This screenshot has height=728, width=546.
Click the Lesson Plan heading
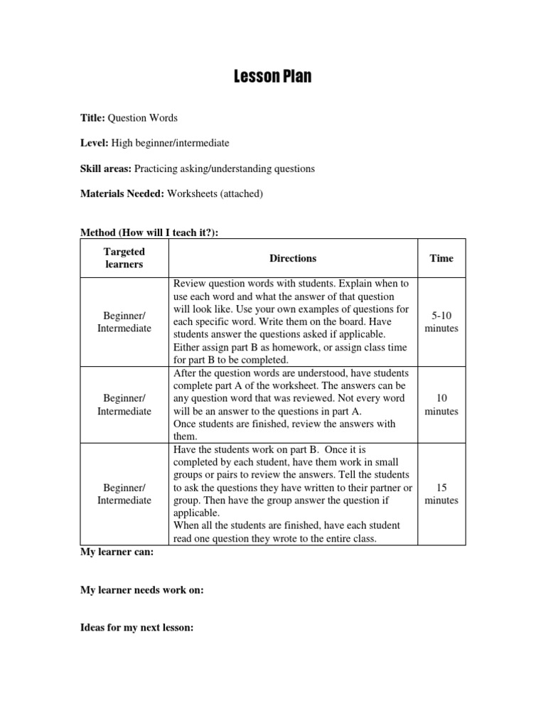click(272, 76)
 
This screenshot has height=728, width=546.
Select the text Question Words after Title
click(143, 117)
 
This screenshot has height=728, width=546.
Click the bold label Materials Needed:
click(122, 194)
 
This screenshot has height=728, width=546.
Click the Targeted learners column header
click(124, 258)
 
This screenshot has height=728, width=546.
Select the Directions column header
click(293, 258)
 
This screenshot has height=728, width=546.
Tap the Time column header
click(441, 258)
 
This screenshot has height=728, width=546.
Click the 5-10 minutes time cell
click(441, 322)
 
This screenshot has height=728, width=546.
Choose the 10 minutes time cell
click(441, 405)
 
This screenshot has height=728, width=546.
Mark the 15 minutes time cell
click(441, 494)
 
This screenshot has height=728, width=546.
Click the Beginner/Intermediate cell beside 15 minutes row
click(124, 494)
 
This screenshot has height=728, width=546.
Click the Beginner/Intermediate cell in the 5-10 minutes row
click(124, 322)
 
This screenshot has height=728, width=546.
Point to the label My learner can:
click(117, 552)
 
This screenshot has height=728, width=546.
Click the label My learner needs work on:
click(141, 590)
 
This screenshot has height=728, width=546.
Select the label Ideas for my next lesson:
click(136, 628)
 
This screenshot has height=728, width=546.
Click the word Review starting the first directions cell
click(188, 284)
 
